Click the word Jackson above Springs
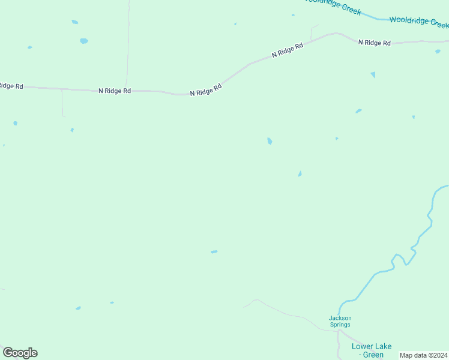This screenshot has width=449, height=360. click(x=340, y=318)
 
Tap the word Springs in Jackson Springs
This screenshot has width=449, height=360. click(x=340, y=325)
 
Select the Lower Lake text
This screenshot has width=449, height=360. click(x=372, y=346)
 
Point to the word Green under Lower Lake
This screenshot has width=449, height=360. click(x=373, y=355)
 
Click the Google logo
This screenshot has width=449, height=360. click(x=20, y=353)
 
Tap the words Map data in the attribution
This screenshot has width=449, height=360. click(x=413, y=355)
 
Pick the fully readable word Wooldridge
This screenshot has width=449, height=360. click(x=410, y=20)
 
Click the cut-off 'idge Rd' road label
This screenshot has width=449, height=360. click(x=11, y=86)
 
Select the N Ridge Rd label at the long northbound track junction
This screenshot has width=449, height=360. click(x=115, y=91)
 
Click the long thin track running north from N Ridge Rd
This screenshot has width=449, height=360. click(x=128, y=42)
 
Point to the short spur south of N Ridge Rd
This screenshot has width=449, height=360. click(x=62, y=103)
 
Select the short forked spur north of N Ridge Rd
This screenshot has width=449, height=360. click(x=312, y=33)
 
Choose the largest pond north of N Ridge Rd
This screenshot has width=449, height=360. click(x=83, y=41)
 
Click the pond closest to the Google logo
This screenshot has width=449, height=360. click(x=78, y=308)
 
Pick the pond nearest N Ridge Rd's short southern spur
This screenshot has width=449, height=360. click(x=72, y=130)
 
